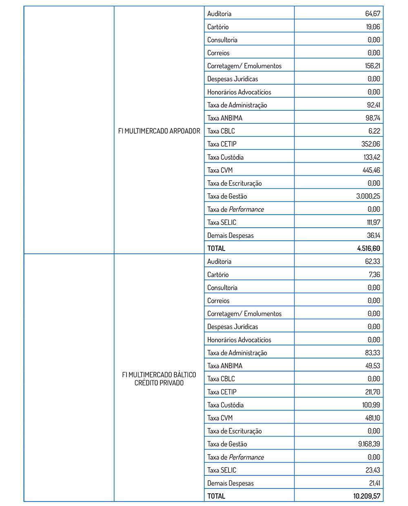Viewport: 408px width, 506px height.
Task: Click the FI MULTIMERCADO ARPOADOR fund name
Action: (159, 131)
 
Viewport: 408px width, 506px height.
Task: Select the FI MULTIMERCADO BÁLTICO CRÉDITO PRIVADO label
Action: (159, 379)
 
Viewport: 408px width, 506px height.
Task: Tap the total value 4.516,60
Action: (368, 249)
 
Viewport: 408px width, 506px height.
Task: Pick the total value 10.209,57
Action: (367, 496)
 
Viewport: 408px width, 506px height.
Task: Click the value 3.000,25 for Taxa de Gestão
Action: (368, 196)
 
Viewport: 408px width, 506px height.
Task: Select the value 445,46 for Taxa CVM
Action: (371, 170)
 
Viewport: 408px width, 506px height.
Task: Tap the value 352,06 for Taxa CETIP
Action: (370, 144)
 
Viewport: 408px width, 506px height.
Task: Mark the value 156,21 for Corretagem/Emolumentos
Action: (372, 66)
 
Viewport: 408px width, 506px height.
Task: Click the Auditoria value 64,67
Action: (373, 13)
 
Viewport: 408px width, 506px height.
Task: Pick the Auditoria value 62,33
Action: (373, 262)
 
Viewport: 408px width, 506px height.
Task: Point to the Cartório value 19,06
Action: (373, 27)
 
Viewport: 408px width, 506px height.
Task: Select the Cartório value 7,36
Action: (374, 275)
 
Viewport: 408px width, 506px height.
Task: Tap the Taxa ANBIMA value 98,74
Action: (373, 118)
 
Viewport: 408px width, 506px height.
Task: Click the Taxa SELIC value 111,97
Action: (373, 222)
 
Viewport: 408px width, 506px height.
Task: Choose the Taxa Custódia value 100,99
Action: (371, 405)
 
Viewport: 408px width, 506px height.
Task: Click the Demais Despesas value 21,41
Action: (375, 483)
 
